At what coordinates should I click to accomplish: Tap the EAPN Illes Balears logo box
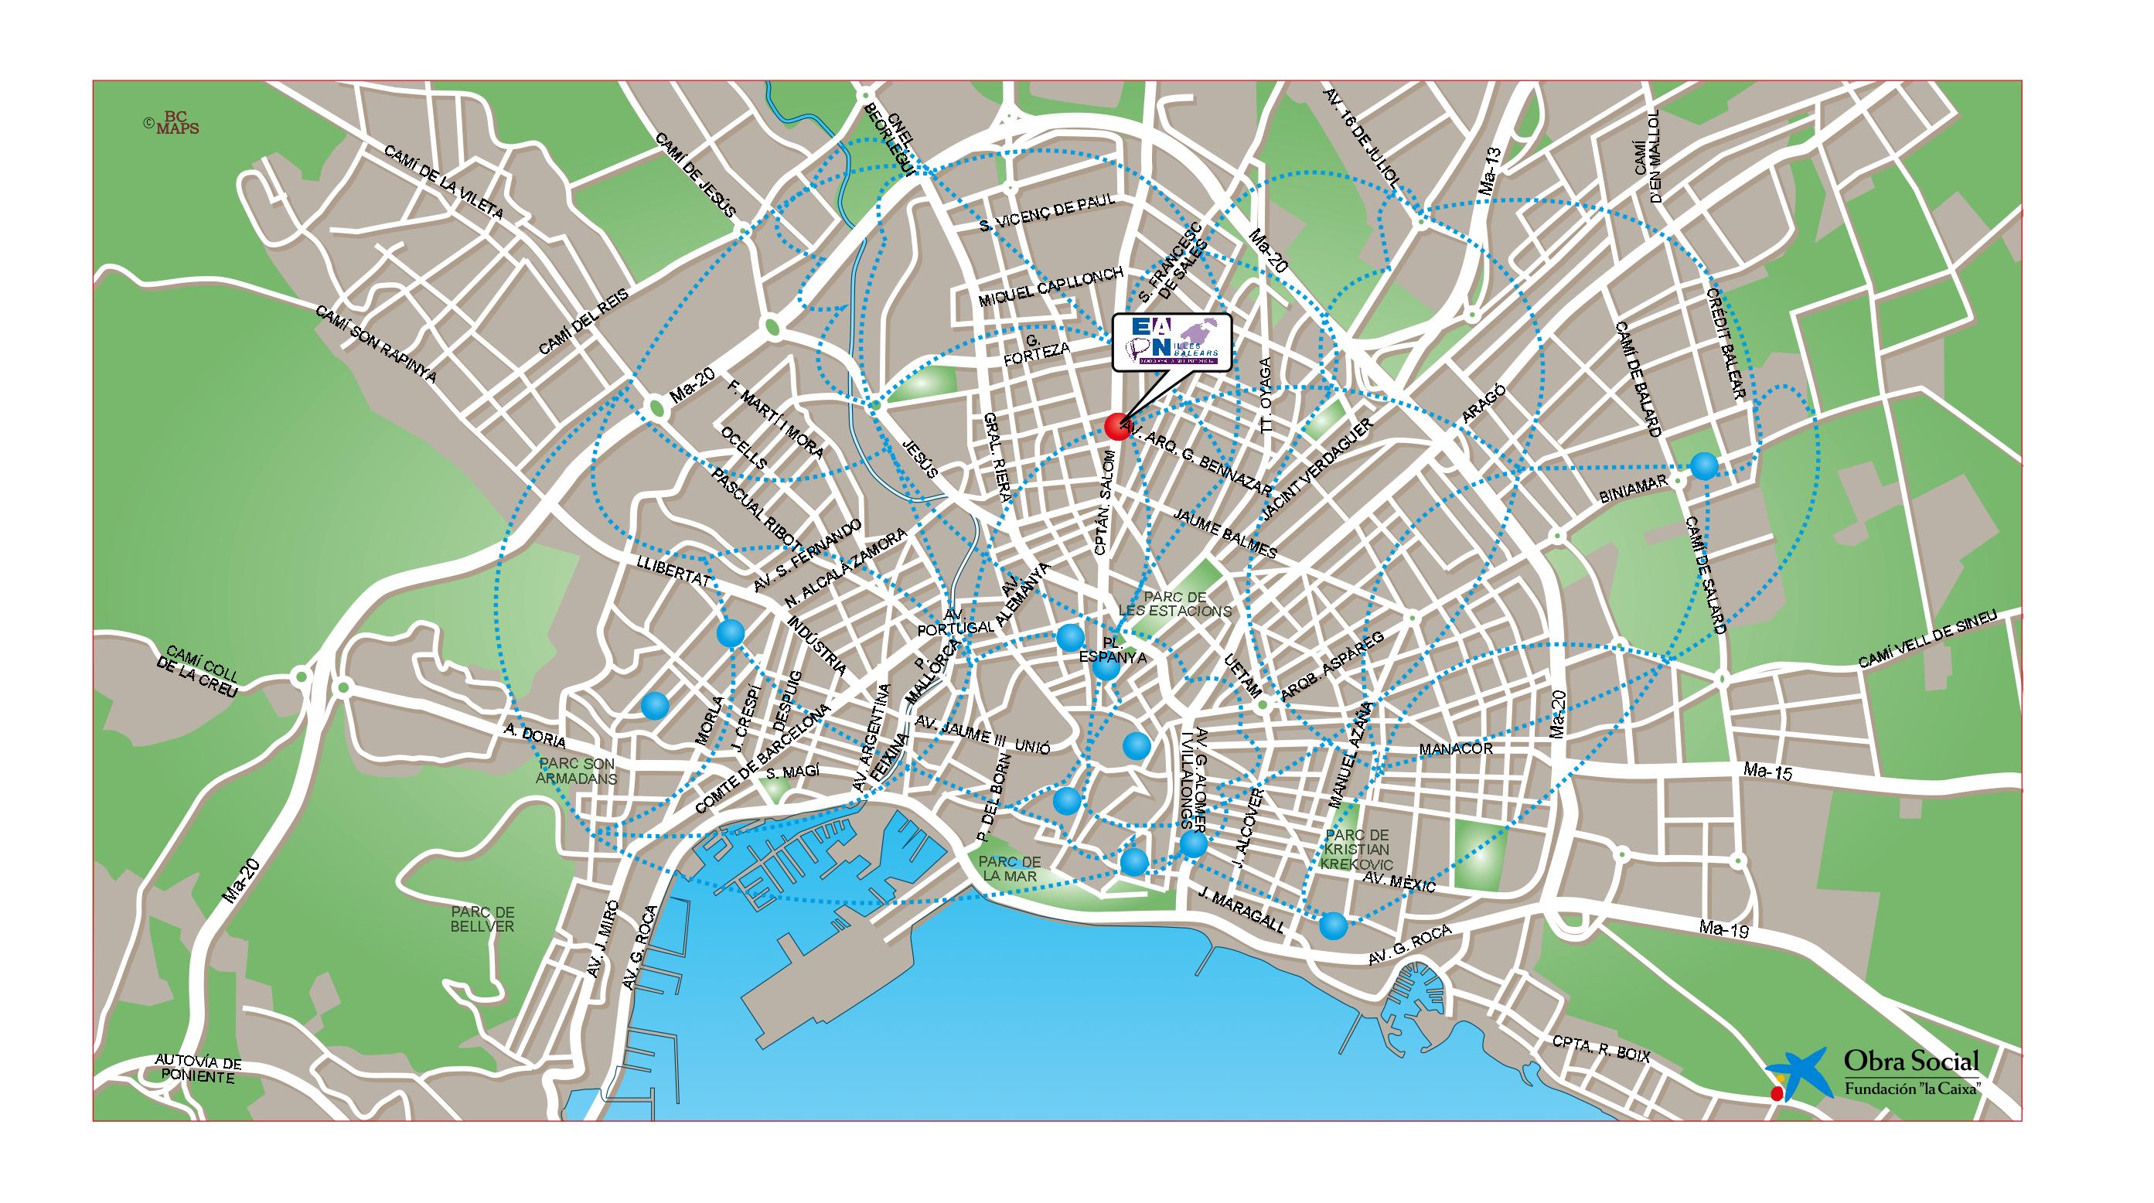(1171, 341)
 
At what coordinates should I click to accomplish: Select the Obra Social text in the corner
(1910, 1085)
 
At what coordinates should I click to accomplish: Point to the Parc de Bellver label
(480, 919)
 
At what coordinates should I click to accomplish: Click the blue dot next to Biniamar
(1704, 465)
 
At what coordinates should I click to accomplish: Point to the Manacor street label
(1456, 749)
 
